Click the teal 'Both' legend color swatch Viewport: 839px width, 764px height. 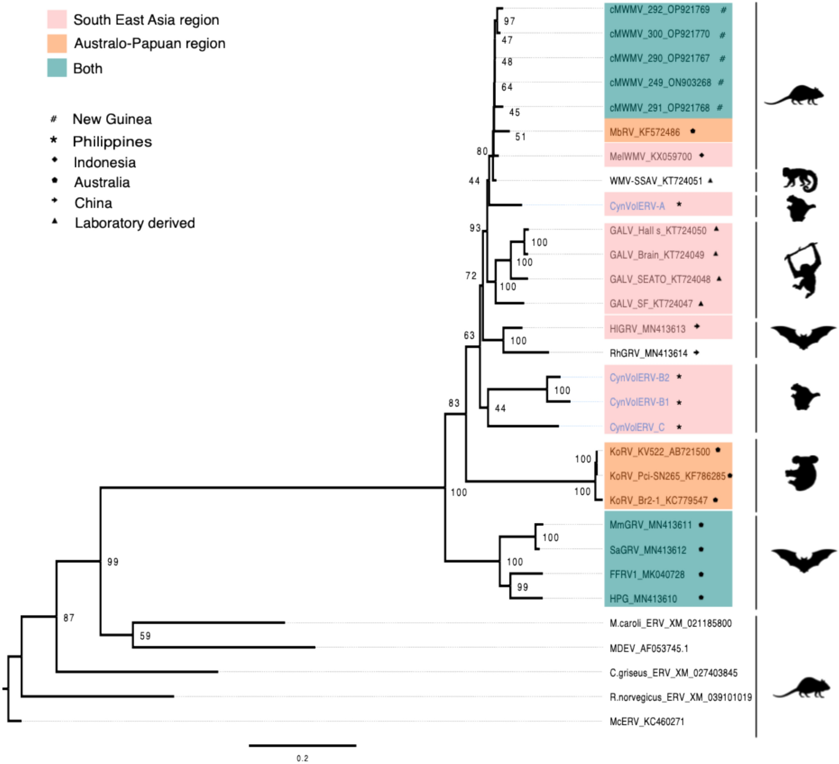[x=57, y=68]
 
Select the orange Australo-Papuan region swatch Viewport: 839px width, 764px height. [x=57, y=43]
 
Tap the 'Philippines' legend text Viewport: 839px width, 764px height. [x=112, y=142]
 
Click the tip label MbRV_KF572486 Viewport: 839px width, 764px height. [x=644, y=132]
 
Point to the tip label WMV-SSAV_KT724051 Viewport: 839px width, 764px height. [x=655, y=181]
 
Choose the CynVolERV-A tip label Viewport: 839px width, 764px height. [x=637, y=206]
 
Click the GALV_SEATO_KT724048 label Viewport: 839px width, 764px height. [x=660, y=279]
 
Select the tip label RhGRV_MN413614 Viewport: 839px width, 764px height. [x=648, y=353]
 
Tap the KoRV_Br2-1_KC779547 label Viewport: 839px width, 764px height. [x=658, y=500]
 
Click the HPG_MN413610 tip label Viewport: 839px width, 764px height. [x=643, y=599]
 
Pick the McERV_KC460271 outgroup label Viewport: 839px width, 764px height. [x=647, y=722]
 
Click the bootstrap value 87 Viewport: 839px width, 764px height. [x=68, y=617]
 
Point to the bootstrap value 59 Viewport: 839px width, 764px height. [x=145, y=636]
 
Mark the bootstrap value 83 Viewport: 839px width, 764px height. [x=454, y=403]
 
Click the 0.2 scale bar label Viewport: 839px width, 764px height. [x=302, y=758]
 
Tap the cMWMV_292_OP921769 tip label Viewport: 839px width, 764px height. [x=659, y=10]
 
